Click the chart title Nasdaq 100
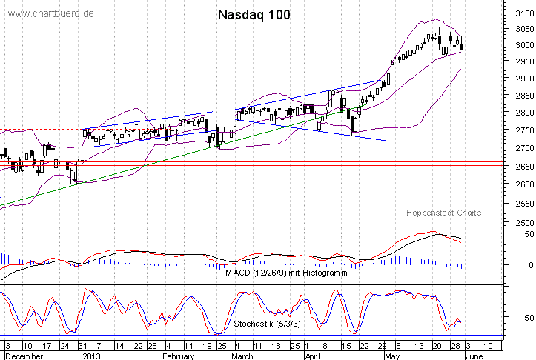254,15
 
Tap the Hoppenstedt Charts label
444,213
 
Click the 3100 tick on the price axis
519,13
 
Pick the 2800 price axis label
519,113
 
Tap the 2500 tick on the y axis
519,222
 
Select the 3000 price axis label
519,46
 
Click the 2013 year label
92,356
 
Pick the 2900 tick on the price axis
519,79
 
